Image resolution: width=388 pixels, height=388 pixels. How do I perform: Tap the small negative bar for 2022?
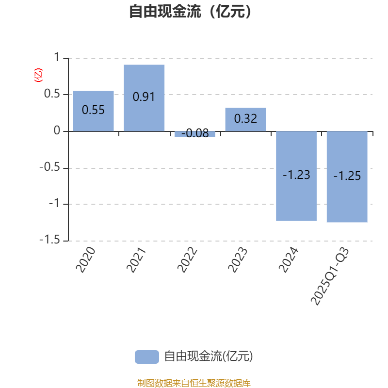(195, 134)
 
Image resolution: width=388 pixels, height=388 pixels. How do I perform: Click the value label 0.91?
(144, 97)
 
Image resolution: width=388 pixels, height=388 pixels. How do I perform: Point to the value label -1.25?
(347, 176)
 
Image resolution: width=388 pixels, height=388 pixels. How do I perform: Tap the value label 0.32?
(245, 118)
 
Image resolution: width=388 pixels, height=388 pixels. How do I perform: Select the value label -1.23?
(296, 175)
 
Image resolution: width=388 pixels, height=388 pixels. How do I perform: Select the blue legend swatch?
(146, 356)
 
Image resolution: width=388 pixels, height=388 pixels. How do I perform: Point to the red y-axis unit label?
(38, 75)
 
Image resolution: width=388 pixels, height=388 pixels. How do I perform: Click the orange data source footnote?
(194, 383)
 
